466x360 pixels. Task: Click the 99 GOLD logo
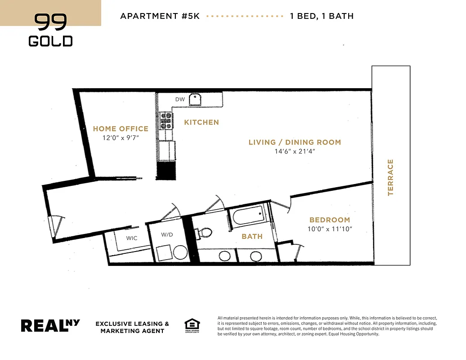[x=50, y=30]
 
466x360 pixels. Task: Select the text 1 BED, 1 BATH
[x=322, y=16]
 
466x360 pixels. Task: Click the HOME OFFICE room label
[x=121, y=129]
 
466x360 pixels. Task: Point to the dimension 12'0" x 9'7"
[x=121, y=138]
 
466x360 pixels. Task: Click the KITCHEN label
[x=202, y=122]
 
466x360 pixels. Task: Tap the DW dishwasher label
[x=180, y=99]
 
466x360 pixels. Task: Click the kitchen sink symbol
[x=196, y=99]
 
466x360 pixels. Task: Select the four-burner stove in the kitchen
[x=166, y=121]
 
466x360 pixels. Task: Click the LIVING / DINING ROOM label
[x=295, y=142]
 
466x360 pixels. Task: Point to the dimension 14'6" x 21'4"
[x=295, y=152]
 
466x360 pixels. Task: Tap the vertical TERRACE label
[x=390, y=177]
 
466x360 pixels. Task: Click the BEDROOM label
[x=330, y=220]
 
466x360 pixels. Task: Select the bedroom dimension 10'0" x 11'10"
[x=330, y=229]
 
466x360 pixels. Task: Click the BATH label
[x=252, y=236]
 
